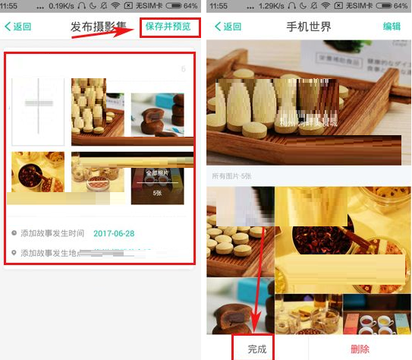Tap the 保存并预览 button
pyautogui.click(x=170, y=27)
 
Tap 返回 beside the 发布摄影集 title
pyautogui.click(x=18, y=27)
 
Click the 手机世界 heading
pyautogui.click(x=309, y=27)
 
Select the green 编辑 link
pyautogui.click(x=392, y=27)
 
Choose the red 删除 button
pyautogui.click(x=360, y=349)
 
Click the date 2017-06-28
pyautogui.click(x=114, y=233)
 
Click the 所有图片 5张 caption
pyautogui.click(x=234, y=176)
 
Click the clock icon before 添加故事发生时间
pyautogui.click(x=14, y=233)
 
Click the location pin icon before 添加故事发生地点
pyautogui.click(x=14, y=253)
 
